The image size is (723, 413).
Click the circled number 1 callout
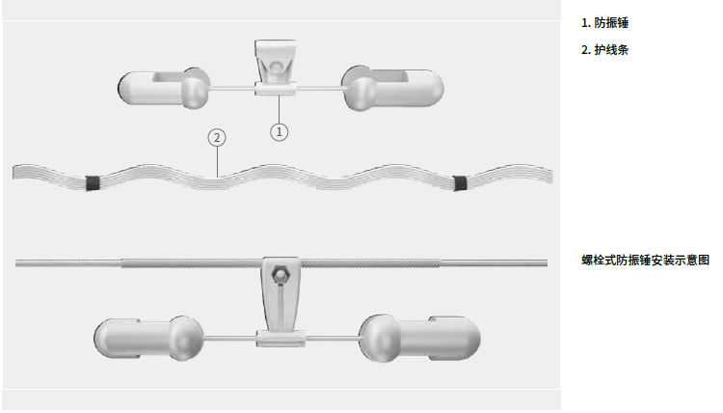click(279, 132)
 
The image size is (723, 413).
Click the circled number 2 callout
click(217, 138)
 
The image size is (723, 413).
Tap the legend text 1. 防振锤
click(604, 22)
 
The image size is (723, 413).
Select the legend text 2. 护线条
click(604, 50)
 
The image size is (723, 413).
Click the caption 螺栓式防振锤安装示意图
click(646, 260)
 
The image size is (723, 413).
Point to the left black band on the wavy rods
click(93, 183)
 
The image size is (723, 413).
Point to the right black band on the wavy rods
click(460, 183)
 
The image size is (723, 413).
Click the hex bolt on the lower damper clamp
click(279, 275)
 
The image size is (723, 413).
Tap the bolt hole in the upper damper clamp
click(276, 67)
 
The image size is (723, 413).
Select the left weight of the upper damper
click(164, 89)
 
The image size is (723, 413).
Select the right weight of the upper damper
click(392, 88)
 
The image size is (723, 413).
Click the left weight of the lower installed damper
click(148, 338)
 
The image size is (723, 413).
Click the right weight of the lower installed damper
click(419, 339)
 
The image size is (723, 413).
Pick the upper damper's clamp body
click(276, 62)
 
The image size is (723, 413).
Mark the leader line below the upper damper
click(279, 109)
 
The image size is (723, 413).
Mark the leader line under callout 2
click(217, 161)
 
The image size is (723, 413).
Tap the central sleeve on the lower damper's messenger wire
click(281, 339)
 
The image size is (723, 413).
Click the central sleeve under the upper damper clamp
click(276, 89)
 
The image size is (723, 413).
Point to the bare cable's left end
click(16, 263)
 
